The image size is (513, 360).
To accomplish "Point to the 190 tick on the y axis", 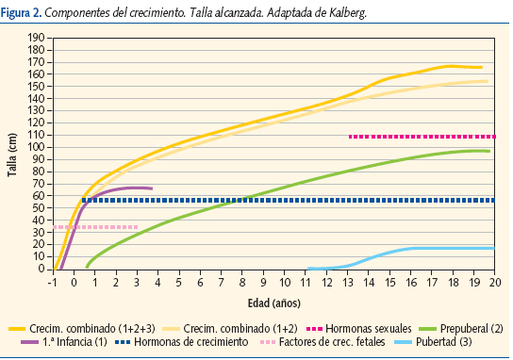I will point(35,38).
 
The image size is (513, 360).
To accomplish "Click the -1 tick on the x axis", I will point(54,281).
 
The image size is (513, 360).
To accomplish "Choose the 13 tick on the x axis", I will point(348,281).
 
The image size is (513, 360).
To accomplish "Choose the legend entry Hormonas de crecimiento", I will point(184,341).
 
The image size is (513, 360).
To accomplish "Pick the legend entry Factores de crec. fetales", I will point(324,341).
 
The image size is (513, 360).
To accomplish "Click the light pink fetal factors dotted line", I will point(94,227).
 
